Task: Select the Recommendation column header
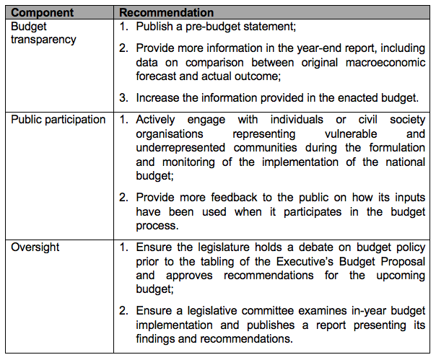click(x=166, y=13)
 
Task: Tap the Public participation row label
click(x=58, y=120)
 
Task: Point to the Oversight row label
click(x=35, y=247)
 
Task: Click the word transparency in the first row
click(x=43, y=39)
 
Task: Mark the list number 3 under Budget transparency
click(x=123, y=97)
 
